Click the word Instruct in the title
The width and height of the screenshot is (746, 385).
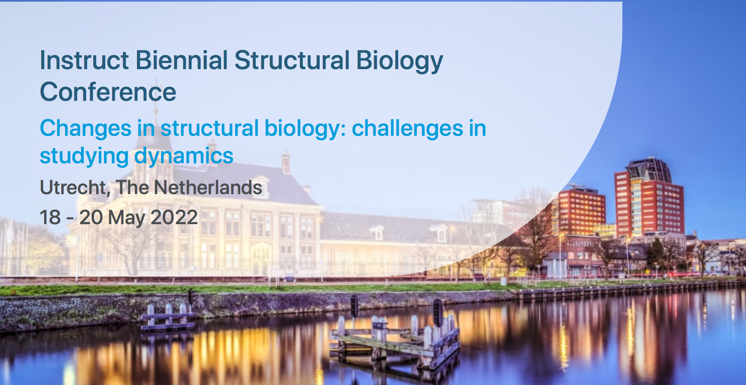84,60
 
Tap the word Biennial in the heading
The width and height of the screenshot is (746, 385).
182,60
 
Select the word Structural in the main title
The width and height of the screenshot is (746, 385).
292,60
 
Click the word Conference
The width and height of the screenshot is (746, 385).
108,92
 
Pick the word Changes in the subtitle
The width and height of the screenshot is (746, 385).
86,129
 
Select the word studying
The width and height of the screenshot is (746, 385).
84,157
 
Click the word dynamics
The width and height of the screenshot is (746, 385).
184,157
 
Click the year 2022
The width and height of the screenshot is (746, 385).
174,217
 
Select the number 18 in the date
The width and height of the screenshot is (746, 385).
50,217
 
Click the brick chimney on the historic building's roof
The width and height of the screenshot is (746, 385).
286,162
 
